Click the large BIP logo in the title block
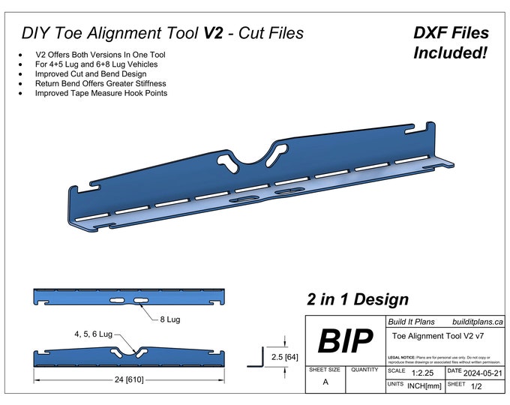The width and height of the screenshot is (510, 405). point(346,341)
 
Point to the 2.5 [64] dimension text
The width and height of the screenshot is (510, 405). point(285,356)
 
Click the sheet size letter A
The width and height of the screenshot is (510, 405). point(325,382)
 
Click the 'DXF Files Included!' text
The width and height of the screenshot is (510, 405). point(451,43)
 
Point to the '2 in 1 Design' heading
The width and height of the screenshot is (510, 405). point(358,299)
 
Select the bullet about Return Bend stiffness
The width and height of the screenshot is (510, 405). point(100,84)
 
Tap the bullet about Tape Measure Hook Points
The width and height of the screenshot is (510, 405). point(100,94)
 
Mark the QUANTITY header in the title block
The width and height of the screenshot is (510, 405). point(364,370)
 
